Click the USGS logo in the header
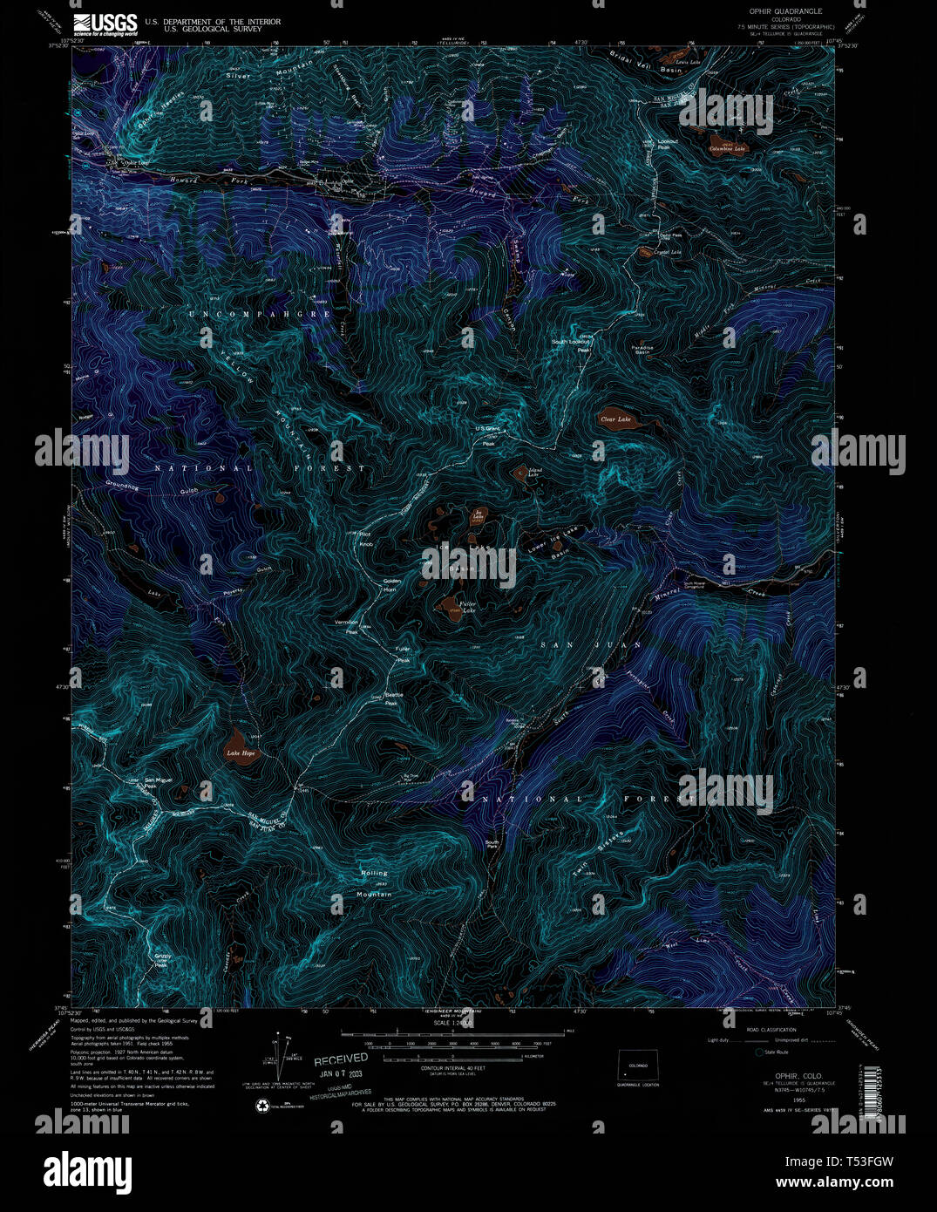coord(105,24)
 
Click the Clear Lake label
coord(614,419)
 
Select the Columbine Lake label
coord(727,148)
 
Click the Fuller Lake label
coord(467,606)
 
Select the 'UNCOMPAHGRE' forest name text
coord(260,313)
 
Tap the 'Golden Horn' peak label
coord(392,585)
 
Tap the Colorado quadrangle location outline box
coord(637,1066)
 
